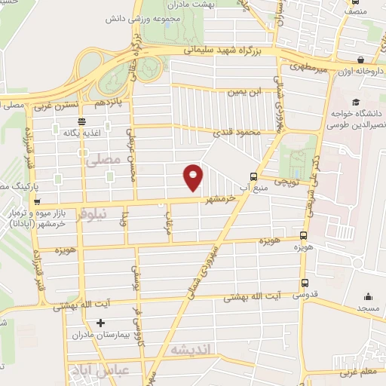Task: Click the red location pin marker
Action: coord(194,177)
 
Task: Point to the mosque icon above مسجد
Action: coord(368,296)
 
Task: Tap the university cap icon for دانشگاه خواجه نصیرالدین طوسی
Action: coord(355,102)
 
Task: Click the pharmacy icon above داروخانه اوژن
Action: coord(361,60)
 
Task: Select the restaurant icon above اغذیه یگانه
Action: coord(81,121)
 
